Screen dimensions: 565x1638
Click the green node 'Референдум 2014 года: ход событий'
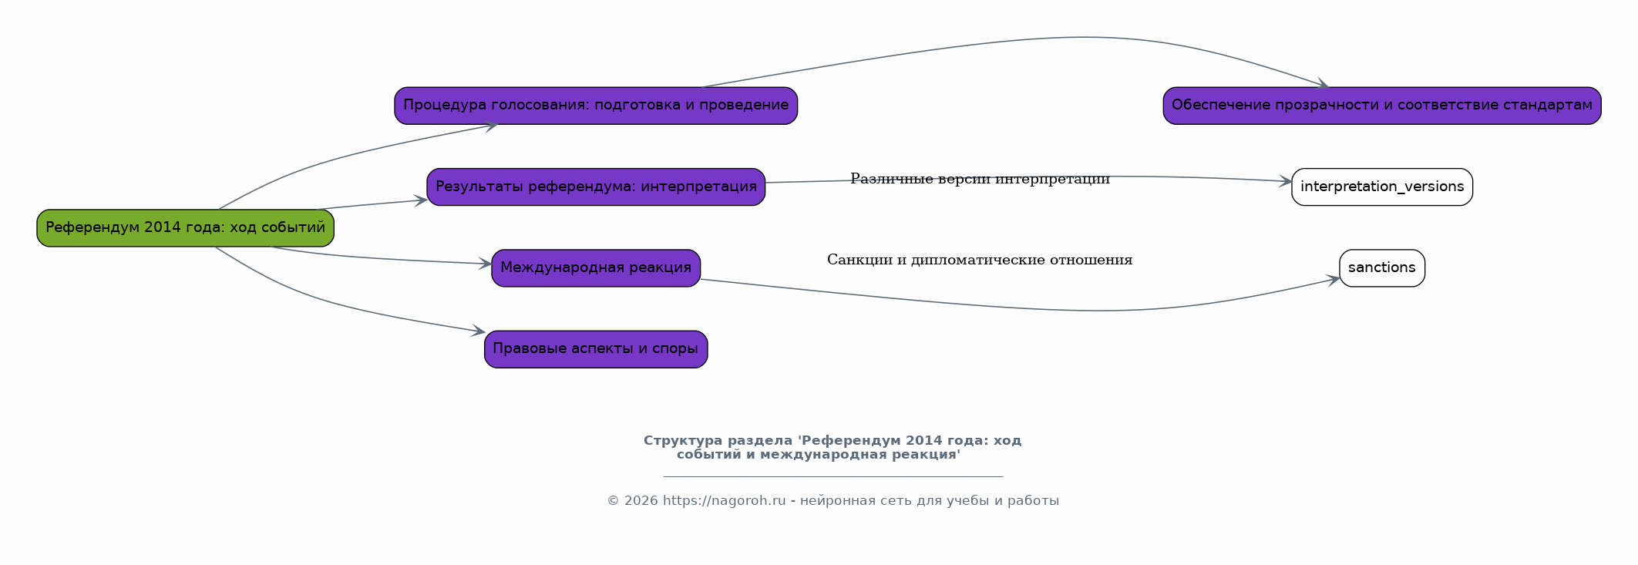pos(185,228)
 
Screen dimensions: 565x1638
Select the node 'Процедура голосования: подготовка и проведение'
pos(596,106)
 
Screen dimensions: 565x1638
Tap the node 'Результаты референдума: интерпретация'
pos(596,187)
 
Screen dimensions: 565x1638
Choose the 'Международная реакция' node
pos(596,268)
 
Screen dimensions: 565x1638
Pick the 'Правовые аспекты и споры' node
pos(596,349)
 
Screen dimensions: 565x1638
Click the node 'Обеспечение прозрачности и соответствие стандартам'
pos(1382,106)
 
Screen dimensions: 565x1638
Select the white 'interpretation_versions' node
pos(1382,187)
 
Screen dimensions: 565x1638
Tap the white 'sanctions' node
pos(1382,268)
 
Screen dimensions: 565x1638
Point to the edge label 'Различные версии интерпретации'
pos(980,180)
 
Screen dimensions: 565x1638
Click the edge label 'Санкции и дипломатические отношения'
pos(980,261)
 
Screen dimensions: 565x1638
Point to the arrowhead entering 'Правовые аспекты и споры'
pos(479,331)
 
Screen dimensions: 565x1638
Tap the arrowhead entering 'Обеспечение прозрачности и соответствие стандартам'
pos(1324,85)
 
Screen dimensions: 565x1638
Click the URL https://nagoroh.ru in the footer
pos(724,501)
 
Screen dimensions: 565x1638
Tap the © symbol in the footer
pos(613,501)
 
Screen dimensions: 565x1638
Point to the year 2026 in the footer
pos(641,501)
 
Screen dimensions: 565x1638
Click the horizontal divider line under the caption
pos(832,476)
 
